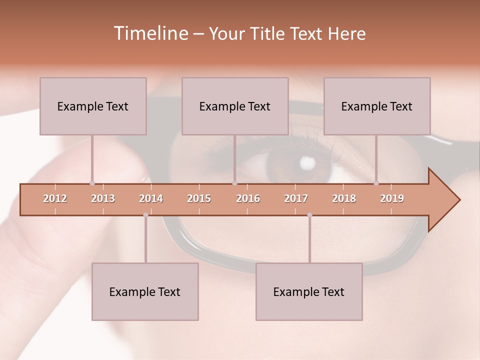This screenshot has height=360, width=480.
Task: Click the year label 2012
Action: pos(55,198)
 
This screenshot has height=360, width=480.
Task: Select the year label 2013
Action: pos(103,198)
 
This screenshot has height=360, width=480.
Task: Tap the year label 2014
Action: pos(151,198)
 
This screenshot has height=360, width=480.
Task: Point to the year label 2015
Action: pos(199,198)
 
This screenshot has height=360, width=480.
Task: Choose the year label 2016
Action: pos(248,198)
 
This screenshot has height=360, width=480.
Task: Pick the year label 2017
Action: pos(296,198)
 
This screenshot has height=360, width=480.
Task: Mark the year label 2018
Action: pos(344,198)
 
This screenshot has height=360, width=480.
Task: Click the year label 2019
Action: pos(392,198)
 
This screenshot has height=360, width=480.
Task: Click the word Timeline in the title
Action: pos(150,33)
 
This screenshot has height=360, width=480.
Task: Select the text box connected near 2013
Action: pos(93,106)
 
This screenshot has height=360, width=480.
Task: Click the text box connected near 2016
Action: pos(235,106)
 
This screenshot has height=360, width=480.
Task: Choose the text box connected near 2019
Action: pos(377,106)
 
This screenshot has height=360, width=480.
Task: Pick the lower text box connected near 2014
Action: pos(145,291)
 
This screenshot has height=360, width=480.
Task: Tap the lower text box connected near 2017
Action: pos(309,291)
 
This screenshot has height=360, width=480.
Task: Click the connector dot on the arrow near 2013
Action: pos(92,183)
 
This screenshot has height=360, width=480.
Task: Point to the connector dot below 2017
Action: pos(309,215)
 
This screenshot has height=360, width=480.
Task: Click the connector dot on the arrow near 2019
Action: pos(376,183)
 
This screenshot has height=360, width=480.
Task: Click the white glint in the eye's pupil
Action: pos(307,162)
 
